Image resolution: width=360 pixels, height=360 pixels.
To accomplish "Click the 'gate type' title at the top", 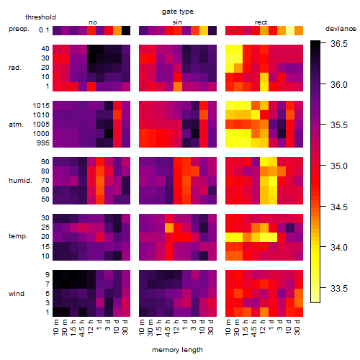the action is click(x=178, y=12).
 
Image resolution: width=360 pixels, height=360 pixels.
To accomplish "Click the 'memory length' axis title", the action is click(x=178, y=350).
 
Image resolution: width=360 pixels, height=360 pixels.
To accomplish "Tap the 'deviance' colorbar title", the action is click(x=341, y=29).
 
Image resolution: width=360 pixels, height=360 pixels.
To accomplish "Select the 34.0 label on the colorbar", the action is click(x=339, y=247).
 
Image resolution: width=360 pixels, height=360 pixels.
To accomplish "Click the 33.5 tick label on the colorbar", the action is click(x=339, y=288).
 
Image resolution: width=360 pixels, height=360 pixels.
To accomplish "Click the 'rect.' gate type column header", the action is click(x=262, y=22).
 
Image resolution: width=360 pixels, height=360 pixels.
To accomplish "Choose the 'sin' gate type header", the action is click(x=177, y=22).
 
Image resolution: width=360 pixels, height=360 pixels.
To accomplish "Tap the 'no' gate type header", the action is click(x=93, y=22).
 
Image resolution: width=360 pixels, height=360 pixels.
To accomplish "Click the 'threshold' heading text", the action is click(x=40, y=17).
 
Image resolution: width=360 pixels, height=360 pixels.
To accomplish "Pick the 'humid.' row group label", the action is click(x=20, y=181).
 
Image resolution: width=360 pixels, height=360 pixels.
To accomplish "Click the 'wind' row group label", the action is click(x=17, y=294).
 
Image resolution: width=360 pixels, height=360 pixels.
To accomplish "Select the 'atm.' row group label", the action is click(x=16, y=125).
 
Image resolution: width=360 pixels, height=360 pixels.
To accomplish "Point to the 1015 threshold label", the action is click(x=41, y=106).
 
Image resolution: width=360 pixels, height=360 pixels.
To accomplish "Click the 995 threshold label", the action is click(x=43, y=143).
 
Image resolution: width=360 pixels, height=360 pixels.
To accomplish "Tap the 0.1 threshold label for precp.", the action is click(x=44, y=30).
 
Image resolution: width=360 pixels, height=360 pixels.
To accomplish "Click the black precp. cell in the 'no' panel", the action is click(x=126, y=30).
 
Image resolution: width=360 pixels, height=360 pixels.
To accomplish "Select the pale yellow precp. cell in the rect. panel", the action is click(x=290, y=30).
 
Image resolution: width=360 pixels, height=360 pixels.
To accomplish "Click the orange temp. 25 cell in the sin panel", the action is click(x=169, y=228).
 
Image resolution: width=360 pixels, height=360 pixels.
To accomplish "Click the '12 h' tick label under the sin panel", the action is click(x=176, y=327).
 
